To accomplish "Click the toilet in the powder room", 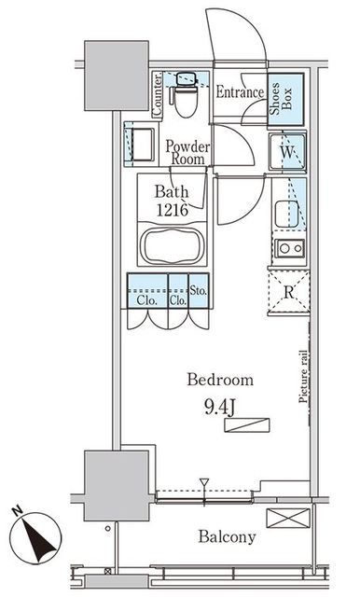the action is tap(187, 94).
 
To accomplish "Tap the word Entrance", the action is tap(240, 92).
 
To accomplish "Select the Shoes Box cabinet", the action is tap(286, 99).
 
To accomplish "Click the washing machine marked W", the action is tap(287, 152).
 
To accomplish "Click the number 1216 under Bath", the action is tap(173, 209).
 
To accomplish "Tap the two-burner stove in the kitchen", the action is tap(290, 249).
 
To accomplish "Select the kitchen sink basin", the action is tap(287, 214).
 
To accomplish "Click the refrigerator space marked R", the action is tap(288, 292).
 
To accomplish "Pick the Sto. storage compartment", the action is tap(199, 290).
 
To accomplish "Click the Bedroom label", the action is tap(220, 380).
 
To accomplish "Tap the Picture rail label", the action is tap(304, 376).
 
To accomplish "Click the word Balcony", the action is tap(227, 537).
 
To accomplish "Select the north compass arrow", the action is tap(37, 537).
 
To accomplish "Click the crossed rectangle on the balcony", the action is tap(288, 519).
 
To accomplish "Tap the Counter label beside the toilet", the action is tap(158, 94).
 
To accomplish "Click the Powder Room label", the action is tap(187, 153).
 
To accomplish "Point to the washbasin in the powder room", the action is tap(141, 145).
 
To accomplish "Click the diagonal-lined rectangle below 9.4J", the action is tap(247, 425).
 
